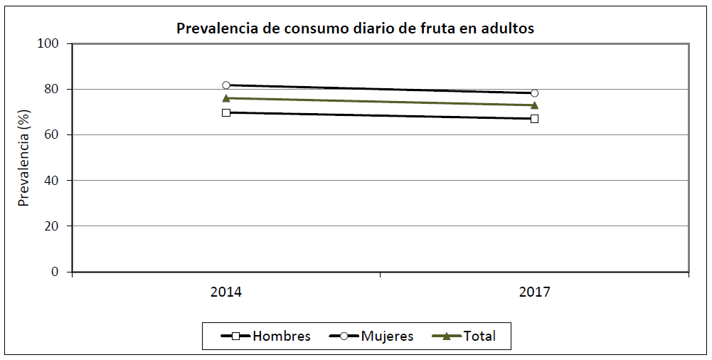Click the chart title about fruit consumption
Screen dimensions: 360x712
point(355,29)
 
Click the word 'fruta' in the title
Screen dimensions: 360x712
point(443,29)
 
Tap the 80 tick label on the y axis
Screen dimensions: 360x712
point(58,89)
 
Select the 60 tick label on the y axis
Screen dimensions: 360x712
point(58,134)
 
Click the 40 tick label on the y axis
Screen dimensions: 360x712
point(58,180)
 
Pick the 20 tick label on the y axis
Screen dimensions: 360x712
point(58,226)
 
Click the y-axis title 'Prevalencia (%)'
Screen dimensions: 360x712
point(24,158)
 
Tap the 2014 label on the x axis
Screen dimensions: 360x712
point(225,292)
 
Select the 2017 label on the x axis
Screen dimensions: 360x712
point(534,292)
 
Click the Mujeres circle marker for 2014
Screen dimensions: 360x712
point(226,85)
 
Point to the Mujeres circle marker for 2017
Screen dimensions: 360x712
point(534,93)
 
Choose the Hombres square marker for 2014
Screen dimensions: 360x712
point(226,112)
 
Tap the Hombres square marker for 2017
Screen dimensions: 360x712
point(534,119)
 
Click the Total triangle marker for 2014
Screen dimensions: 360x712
point(226,98)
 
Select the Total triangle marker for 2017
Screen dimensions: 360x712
point(534,105)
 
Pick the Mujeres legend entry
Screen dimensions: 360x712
point(371,337)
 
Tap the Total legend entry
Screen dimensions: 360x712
point(464,337)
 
